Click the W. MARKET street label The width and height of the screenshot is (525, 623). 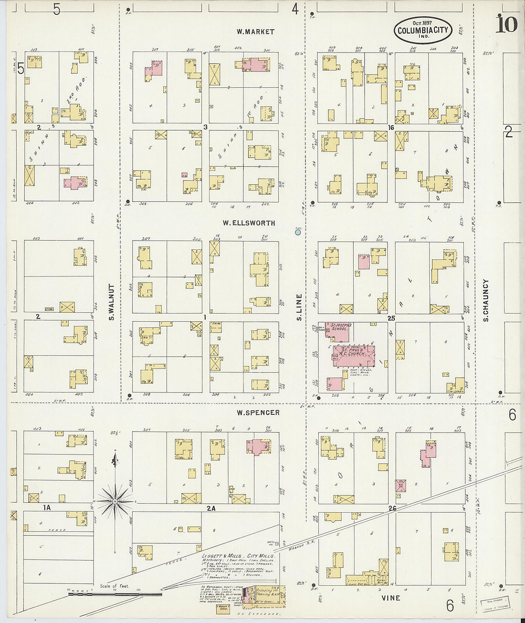(255, 32)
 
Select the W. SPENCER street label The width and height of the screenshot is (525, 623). (258, 412)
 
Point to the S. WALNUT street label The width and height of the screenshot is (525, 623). (111, 302)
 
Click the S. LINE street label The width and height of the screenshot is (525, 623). (299, 307)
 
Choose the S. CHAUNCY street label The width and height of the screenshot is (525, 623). (485, 300)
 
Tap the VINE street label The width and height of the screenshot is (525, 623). (391, 598)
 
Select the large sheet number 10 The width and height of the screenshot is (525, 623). (506, 24)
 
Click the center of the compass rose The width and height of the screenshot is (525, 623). (115, 501)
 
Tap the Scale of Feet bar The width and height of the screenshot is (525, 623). (115, 594)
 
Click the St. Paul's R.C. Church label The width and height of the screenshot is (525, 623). (353, 352)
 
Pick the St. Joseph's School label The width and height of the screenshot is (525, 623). (341, 327)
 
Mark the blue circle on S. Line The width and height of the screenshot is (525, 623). (298, 232)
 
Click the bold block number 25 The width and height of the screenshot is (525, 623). (391, 318)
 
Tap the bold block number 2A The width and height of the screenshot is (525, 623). (211, 508)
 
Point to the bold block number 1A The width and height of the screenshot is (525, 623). (46, 508)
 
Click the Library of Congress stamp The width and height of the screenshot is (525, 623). (494, 604)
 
